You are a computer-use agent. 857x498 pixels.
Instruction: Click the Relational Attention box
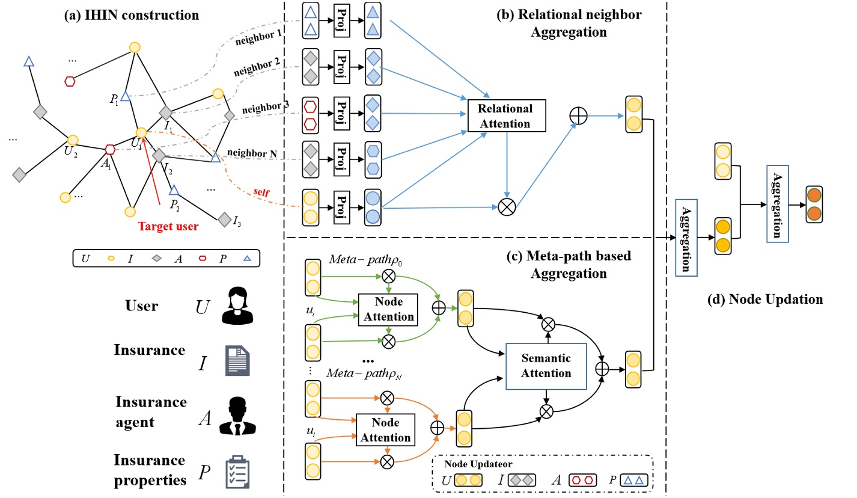click(505, 116)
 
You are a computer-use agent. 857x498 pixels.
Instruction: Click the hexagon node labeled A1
click(110, 149)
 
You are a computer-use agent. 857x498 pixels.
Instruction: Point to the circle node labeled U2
click(73, 140)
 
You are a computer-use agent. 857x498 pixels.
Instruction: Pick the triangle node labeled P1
click(125, 96)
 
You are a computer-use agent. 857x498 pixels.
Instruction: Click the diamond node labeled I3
click(224, 218)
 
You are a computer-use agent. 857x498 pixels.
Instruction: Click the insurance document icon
click(235, 361)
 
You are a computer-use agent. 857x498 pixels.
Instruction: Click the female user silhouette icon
click(234, 306)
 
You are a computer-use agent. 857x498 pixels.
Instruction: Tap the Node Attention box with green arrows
click(386, 309)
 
